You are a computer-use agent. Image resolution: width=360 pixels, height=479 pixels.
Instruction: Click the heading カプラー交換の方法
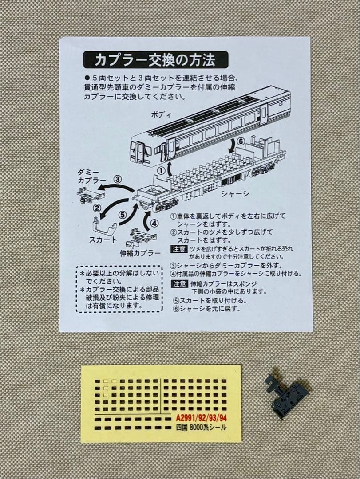pos(155,59)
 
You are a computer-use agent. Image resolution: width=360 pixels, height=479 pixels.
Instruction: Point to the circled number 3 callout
pos(117,179)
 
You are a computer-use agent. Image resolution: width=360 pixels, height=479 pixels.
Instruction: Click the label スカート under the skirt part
pos(103,240)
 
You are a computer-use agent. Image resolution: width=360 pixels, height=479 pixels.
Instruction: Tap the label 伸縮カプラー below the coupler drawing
pos(140,253)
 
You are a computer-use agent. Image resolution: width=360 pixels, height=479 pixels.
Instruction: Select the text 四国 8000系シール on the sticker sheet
pos(201,428)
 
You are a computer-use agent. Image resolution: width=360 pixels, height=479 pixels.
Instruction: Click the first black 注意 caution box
pos(179,249)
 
